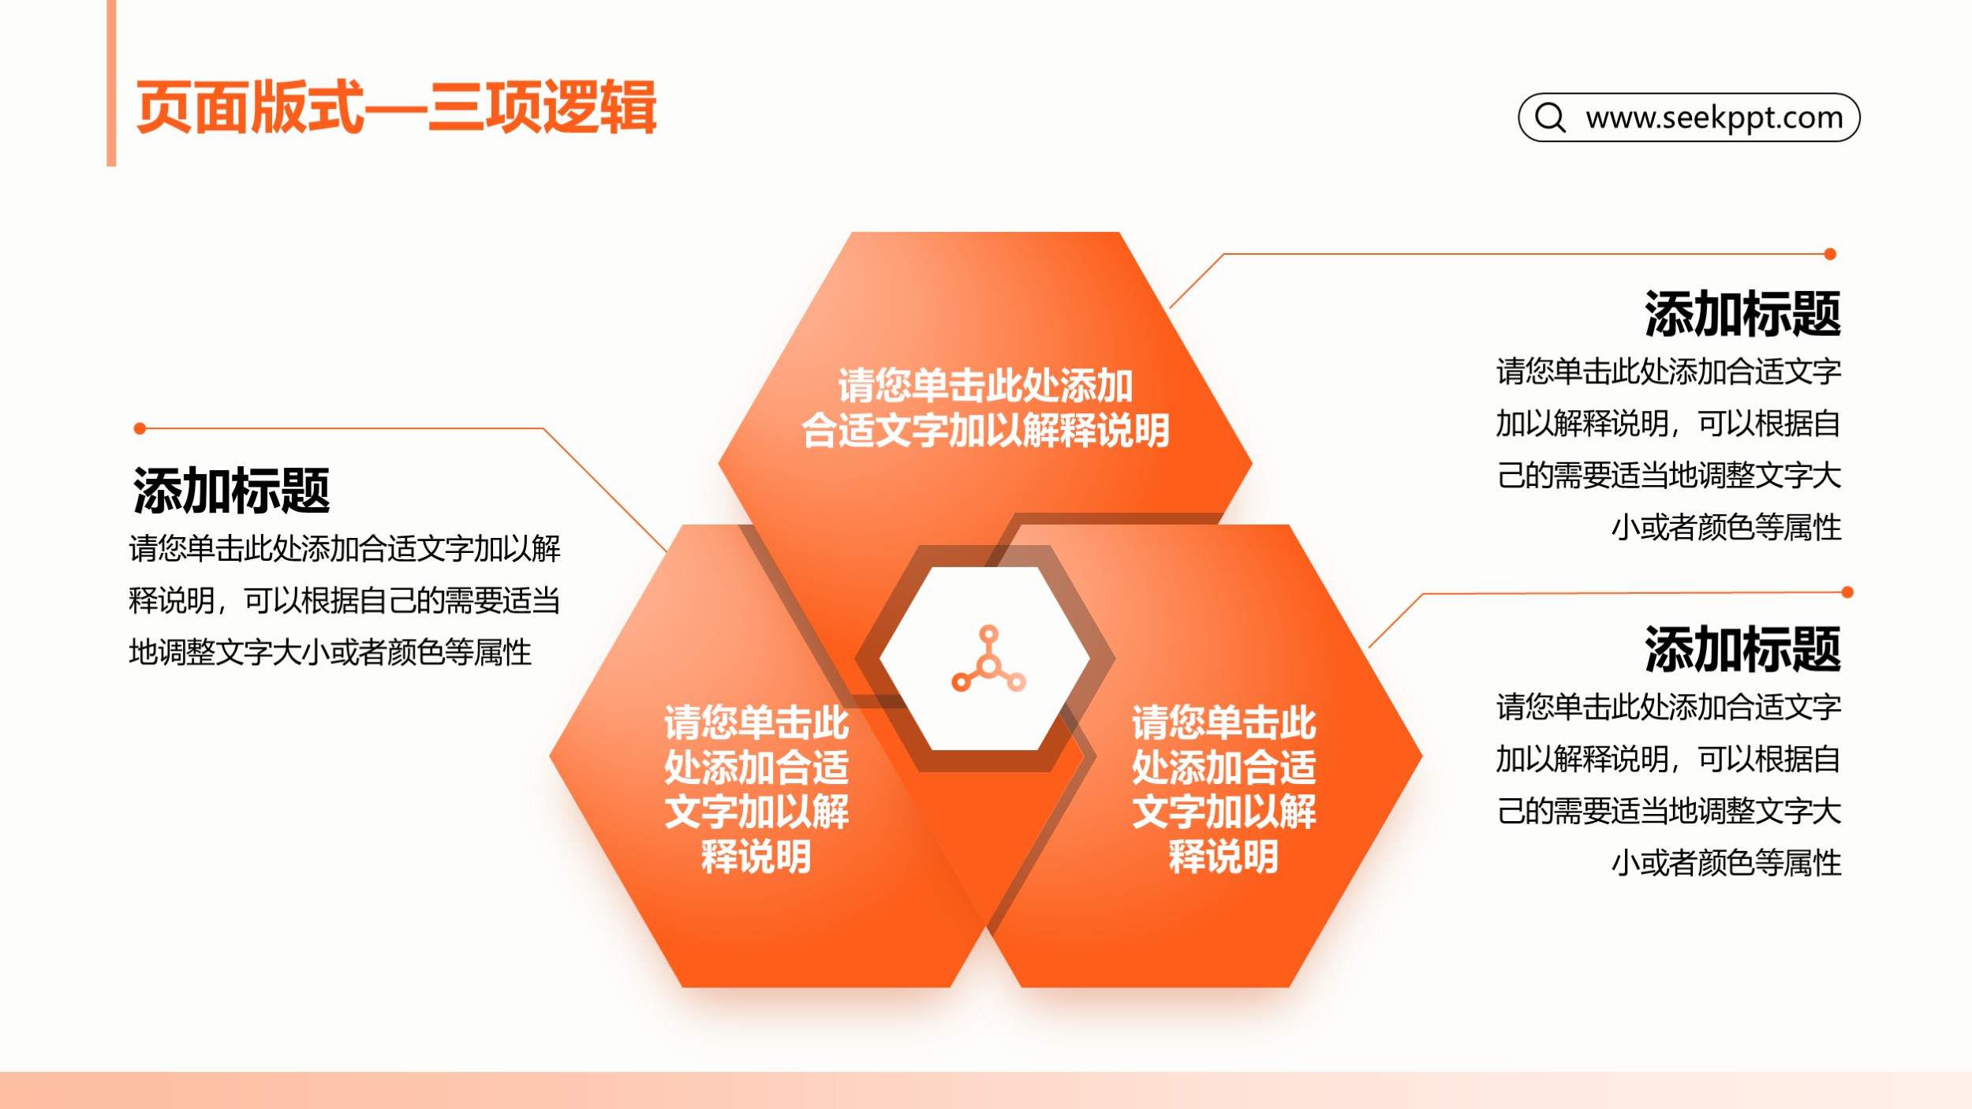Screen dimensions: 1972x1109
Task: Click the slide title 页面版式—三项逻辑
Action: pos(396,107)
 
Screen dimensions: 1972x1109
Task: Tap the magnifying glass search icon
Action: pos(1550,118)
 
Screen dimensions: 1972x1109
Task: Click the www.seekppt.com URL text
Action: pos(1714,118)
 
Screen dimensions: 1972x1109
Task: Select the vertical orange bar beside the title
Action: pos(111,83)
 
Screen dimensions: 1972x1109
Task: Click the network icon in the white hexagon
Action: pos(988,659)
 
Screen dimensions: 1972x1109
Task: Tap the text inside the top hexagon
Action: pos(985,408)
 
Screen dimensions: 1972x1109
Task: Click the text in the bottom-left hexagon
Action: pos(756,790)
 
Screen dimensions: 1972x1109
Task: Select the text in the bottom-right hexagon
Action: pos(1224,790)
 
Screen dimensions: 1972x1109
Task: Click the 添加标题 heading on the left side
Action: pos(231,491)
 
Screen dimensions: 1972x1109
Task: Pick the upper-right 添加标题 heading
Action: pos(1742,314)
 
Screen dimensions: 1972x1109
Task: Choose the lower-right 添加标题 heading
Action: pos(1742,649)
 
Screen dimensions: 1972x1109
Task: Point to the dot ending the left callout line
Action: pos(140,428)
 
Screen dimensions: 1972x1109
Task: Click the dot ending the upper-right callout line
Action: pos(1830,254)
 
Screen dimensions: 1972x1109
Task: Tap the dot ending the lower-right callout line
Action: pos(1847,592)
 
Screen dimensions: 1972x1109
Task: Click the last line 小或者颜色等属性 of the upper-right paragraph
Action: pos(1726,527)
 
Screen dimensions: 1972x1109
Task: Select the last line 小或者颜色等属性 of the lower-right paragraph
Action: pos(1726,863)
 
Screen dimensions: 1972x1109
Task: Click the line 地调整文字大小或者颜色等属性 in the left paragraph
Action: pos(331,652)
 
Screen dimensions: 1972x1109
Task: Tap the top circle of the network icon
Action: pos(988,633)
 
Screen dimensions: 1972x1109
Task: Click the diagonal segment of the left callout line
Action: pos(605,490)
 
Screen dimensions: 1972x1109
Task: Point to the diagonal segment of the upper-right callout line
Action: pos(1196,281)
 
